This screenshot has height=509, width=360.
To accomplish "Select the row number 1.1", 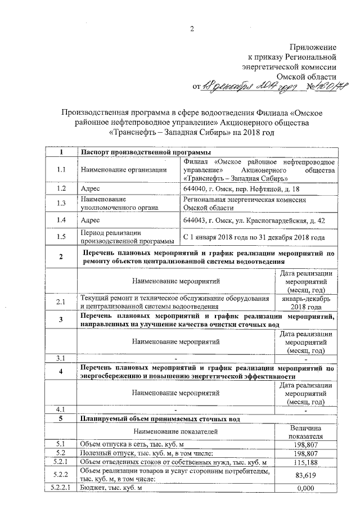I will click(x=61, y=169).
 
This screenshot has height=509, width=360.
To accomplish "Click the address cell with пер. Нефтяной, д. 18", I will click(x=230, y=188).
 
